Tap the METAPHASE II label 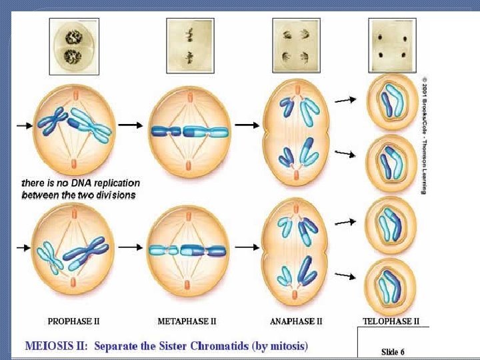click(187, 321)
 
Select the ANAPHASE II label click(296, 321)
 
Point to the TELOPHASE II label click(391, 321)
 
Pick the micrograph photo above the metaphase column click(190, 45)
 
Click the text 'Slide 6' click(393, 351)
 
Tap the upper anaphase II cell click(297, 131)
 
